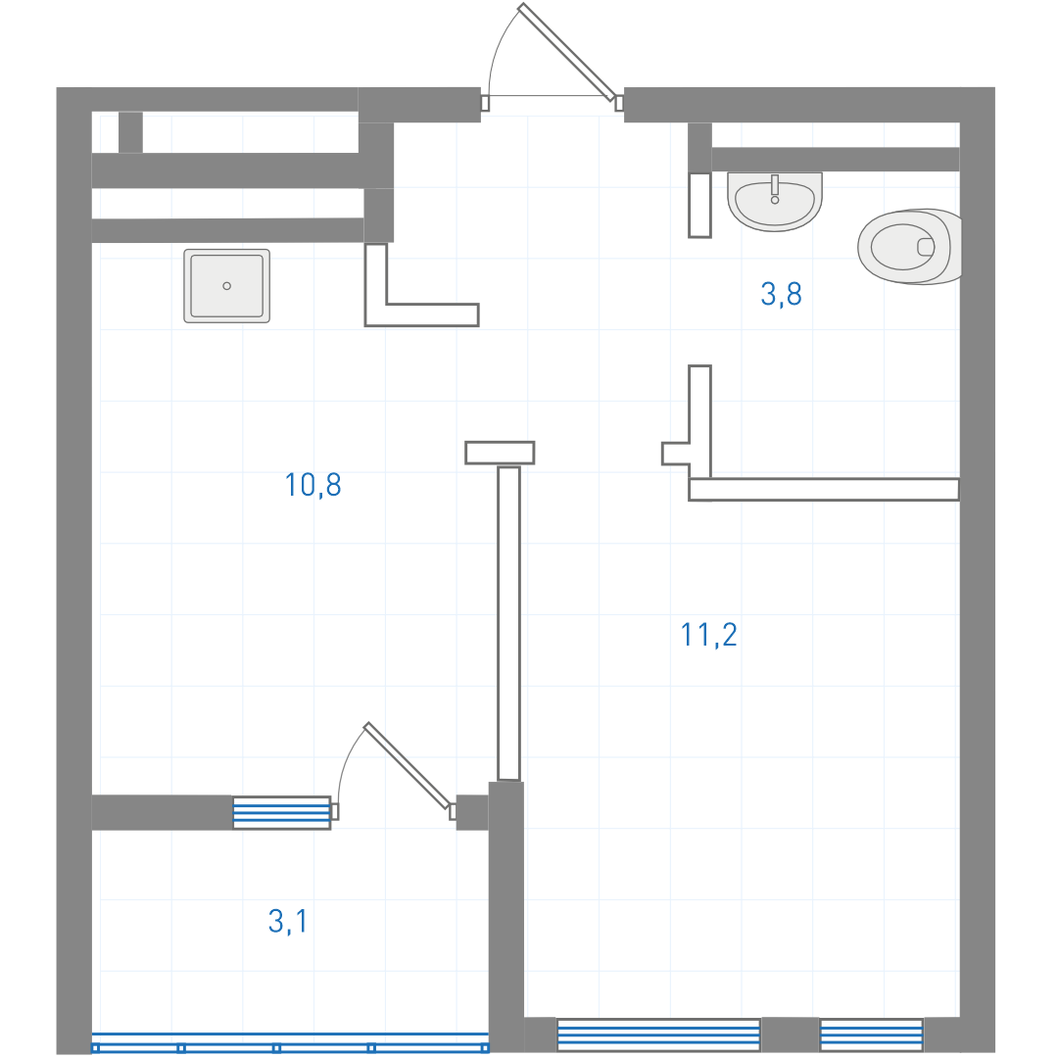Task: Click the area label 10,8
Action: click(x=313, y=485)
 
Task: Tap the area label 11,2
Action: click(x=708, y=635)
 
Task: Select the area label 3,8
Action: click(x=782, y=294)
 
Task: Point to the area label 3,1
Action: click(x=288, y=921)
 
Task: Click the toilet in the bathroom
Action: click(x=909, y=246)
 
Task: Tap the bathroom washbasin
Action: click(x=775, y=201)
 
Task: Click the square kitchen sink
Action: click(x=226, y=286)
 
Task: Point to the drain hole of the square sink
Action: click(x=226, y=286)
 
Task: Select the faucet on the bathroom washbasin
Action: click(x=775, y=189)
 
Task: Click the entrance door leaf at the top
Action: click(x=567, y=52)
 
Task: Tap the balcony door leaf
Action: click(x=407, y=766)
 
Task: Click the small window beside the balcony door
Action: click(x=282, y=813)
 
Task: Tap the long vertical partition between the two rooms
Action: click(x=508, y=623)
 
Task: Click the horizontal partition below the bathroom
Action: click(x=824, y=490)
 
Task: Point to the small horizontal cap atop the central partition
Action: click(x=500, y=453)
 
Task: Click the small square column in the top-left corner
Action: click(x=131, y=132)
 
